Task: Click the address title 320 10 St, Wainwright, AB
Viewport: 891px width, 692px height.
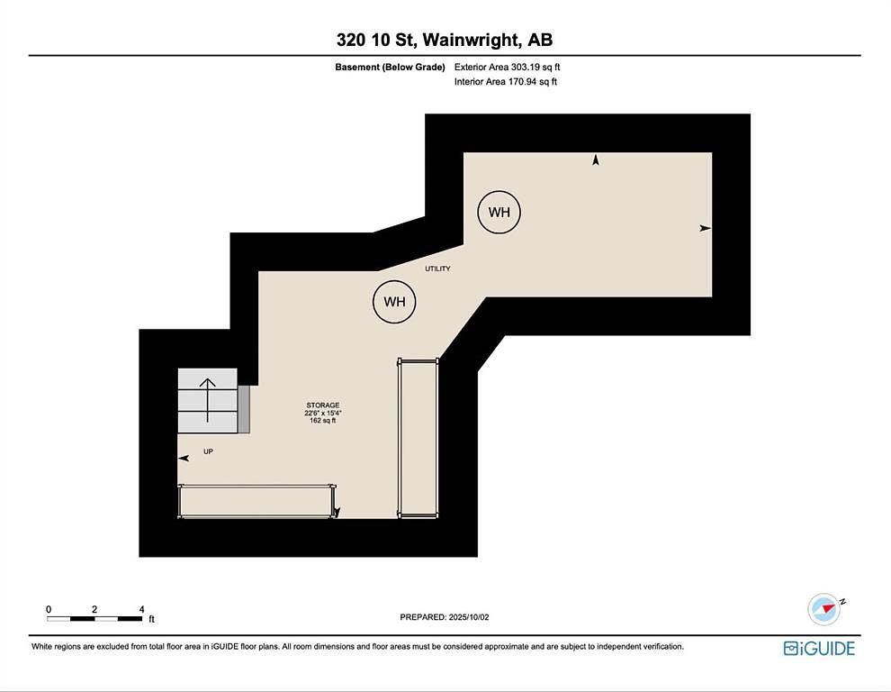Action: click(x=445, y=40)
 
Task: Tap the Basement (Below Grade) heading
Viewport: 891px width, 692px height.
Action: click(x=390, y=68)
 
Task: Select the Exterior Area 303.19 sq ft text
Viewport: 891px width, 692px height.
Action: click(x=507, y=68)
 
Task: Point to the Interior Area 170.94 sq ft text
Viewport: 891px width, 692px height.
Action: click(x=505, y=81)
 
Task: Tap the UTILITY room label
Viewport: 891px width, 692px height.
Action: click(x=437, y=269)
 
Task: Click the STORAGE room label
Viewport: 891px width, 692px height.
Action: click(x=323, y=405)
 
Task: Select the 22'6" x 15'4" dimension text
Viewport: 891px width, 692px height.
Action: click(x=323, y=414)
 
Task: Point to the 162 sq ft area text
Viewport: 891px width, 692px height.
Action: click(x=323, y=421)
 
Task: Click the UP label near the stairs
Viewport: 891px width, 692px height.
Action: click(x=208, y=451)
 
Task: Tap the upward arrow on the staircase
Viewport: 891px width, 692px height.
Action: click(x=207, y=400)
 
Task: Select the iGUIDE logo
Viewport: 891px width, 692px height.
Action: click(x=819, y=648)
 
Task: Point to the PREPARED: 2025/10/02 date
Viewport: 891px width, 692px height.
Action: click(x=445, y=617)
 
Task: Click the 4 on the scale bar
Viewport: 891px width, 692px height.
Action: click(x=141, y=609)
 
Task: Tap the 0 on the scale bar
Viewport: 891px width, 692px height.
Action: click(x=49, y=609)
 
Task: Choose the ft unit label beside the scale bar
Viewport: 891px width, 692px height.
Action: click(x=152, y=619)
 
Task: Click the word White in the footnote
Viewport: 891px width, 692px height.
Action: click(x=41, y=646)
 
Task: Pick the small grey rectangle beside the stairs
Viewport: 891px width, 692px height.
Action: click(x=244, y=409)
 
